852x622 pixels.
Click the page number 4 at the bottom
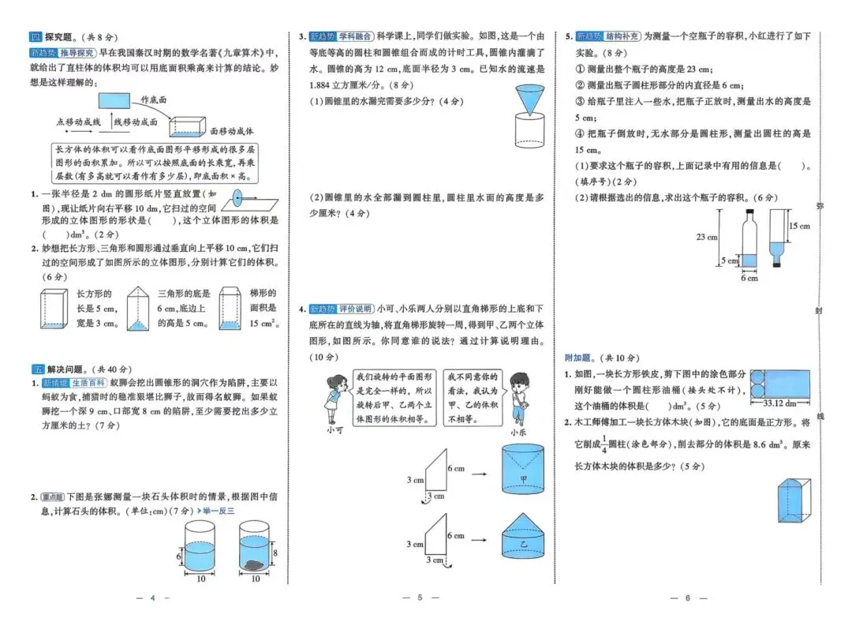(154, 598)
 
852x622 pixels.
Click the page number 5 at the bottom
(420, 598)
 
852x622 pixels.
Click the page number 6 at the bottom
(687, 598)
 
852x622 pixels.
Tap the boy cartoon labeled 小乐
(519, 395)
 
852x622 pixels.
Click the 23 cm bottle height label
(706, 237)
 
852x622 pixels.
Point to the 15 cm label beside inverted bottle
(799, 227)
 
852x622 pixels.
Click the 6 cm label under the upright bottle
(749, 277)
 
